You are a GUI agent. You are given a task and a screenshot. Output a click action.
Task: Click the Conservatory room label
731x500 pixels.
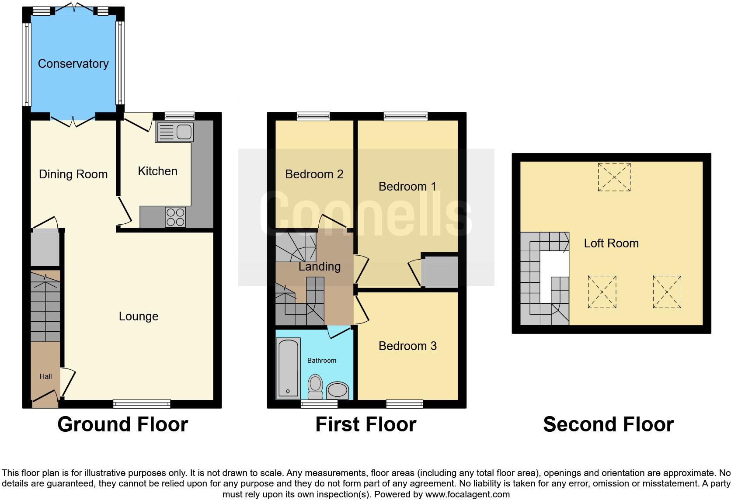tap(73, 64)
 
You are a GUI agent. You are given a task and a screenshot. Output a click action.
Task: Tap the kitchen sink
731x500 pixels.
tap(174, 132)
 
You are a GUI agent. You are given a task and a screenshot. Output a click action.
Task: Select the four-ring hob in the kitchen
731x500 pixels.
tap(175, 217)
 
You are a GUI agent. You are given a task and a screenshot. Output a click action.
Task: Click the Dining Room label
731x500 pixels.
tap(73, 174)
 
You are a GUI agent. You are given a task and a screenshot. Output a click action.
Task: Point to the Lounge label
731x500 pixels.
tap(139, 316)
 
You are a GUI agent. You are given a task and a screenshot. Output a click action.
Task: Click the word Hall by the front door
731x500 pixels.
tap(45, 376)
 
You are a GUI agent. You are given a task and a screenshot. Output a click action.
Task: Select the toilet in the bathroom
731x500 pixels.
tap(315, 386)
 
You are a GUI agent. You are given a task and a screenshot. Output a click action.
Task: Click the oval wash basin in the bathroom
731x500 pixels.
tap(338, 390)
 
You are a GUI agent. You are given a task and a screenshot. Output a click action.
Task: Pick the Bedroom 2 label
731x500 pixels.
tap(314, 174)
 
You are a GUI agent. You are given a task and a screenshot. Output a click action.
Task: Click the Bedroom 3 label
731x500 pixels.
tap(407, 346)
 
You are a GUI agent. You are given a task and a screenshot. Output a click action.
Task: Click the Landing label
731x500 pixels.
tap(320, 267)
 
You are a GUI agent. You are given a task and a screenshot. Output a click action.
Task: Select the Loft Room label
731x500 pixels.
tap(611, 243)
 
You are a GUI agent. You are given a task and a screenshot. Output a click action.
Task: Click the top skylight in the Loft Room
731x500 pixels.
tap(614, 177)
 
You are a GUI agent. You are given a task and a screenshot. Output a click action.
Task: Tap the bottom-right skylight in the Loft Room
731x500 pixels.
tap(667, 292)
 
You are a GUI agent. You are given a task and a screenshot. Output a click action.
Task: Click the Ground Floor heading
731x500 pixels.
tap(122, 424)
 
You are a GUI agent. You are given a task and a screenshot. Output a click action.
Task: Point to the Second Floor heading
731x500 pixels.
tap(608, 424)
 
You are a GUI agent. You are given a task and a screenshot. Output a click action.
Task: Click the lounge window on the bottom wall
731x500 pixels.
tap(142, 404)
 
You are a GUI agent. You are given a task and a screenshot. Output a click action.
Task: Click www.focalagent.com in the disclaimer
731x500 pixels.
tap(467, 495)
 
